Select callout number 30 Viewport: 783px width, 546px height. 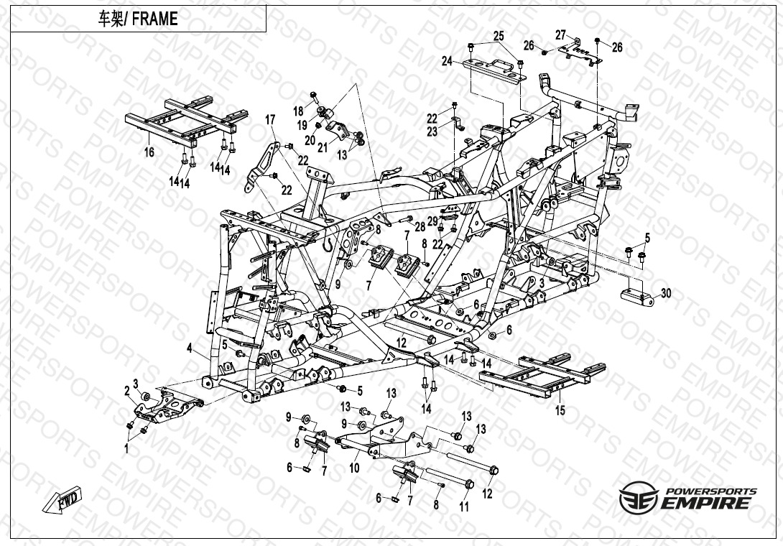pos(666,293)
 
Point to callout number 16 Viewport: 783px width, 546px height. pos(149,152)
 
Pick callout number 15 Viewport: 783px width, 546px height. pos(560,410)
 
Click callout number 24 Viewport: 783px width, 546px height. pos(447,61)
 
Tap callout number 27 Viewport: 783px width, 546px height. pos(561,35)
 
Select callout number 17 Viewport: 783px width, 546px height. pos(270,120)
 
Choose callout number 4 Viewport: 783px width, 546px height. pos(190,348)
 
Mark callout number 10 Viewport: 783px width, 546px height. pos(355,468)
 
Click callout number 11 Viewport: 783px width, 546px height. pos(464,507)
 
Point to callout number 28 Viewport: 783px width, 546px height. pos(420,227)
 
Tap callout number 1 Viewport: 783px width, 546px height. pos(126,448)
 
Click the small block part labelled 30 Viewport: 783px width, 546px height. pos(638,297)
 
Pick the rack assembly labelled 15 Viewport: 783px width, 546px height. pos(542,375)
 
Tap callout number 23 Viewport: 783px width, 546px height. pos(432,131)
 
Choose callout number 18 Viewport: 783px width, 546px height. pos(298,111)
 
